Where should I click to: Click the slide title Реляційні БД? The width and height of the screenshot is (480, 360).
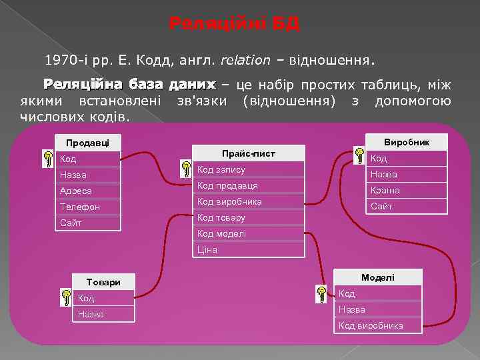[x=235, y=25]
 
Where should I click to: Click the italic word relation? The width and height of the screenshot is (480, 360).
[x=245, y=61]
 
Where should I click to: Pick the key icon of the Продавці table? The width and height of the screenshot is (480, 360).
[x=48, y=159]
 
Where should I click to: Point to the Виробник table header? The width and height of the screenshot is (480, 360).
[x=406, y=142]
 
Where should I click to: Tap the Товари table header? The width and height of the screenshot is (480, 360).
[x=103, y=282]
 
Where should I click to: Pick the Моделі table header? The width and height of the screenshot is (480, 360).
[x=378, y=277]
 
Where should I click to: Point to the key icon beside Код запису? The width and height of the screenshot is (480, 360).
[x=186, y=169]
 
